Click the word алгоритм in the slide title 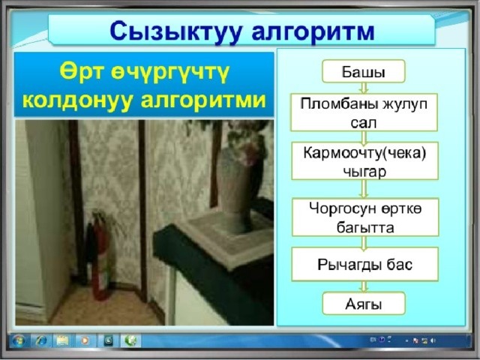coord(313,32)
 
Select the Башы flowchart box coord(363,71)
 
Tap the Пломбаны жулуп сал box coord(364,112)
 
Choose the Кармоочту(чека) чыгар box coord(364,161)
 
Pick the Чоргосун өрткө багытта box coord(365,217)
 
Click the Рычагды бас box coord(365,264)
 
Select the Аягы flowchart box coord(364,303)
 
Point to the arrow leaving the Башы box coord(364,88)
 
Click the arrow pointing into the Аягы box coord(364,286)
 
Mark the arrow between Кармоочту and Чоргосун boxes coord(364,189)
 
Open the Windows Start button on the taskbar coord(18,340)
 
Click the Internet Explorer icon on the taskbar coord(40,340)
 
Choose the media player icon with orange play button coord(85,340)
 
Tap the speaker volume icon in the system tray coord(433,340)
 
